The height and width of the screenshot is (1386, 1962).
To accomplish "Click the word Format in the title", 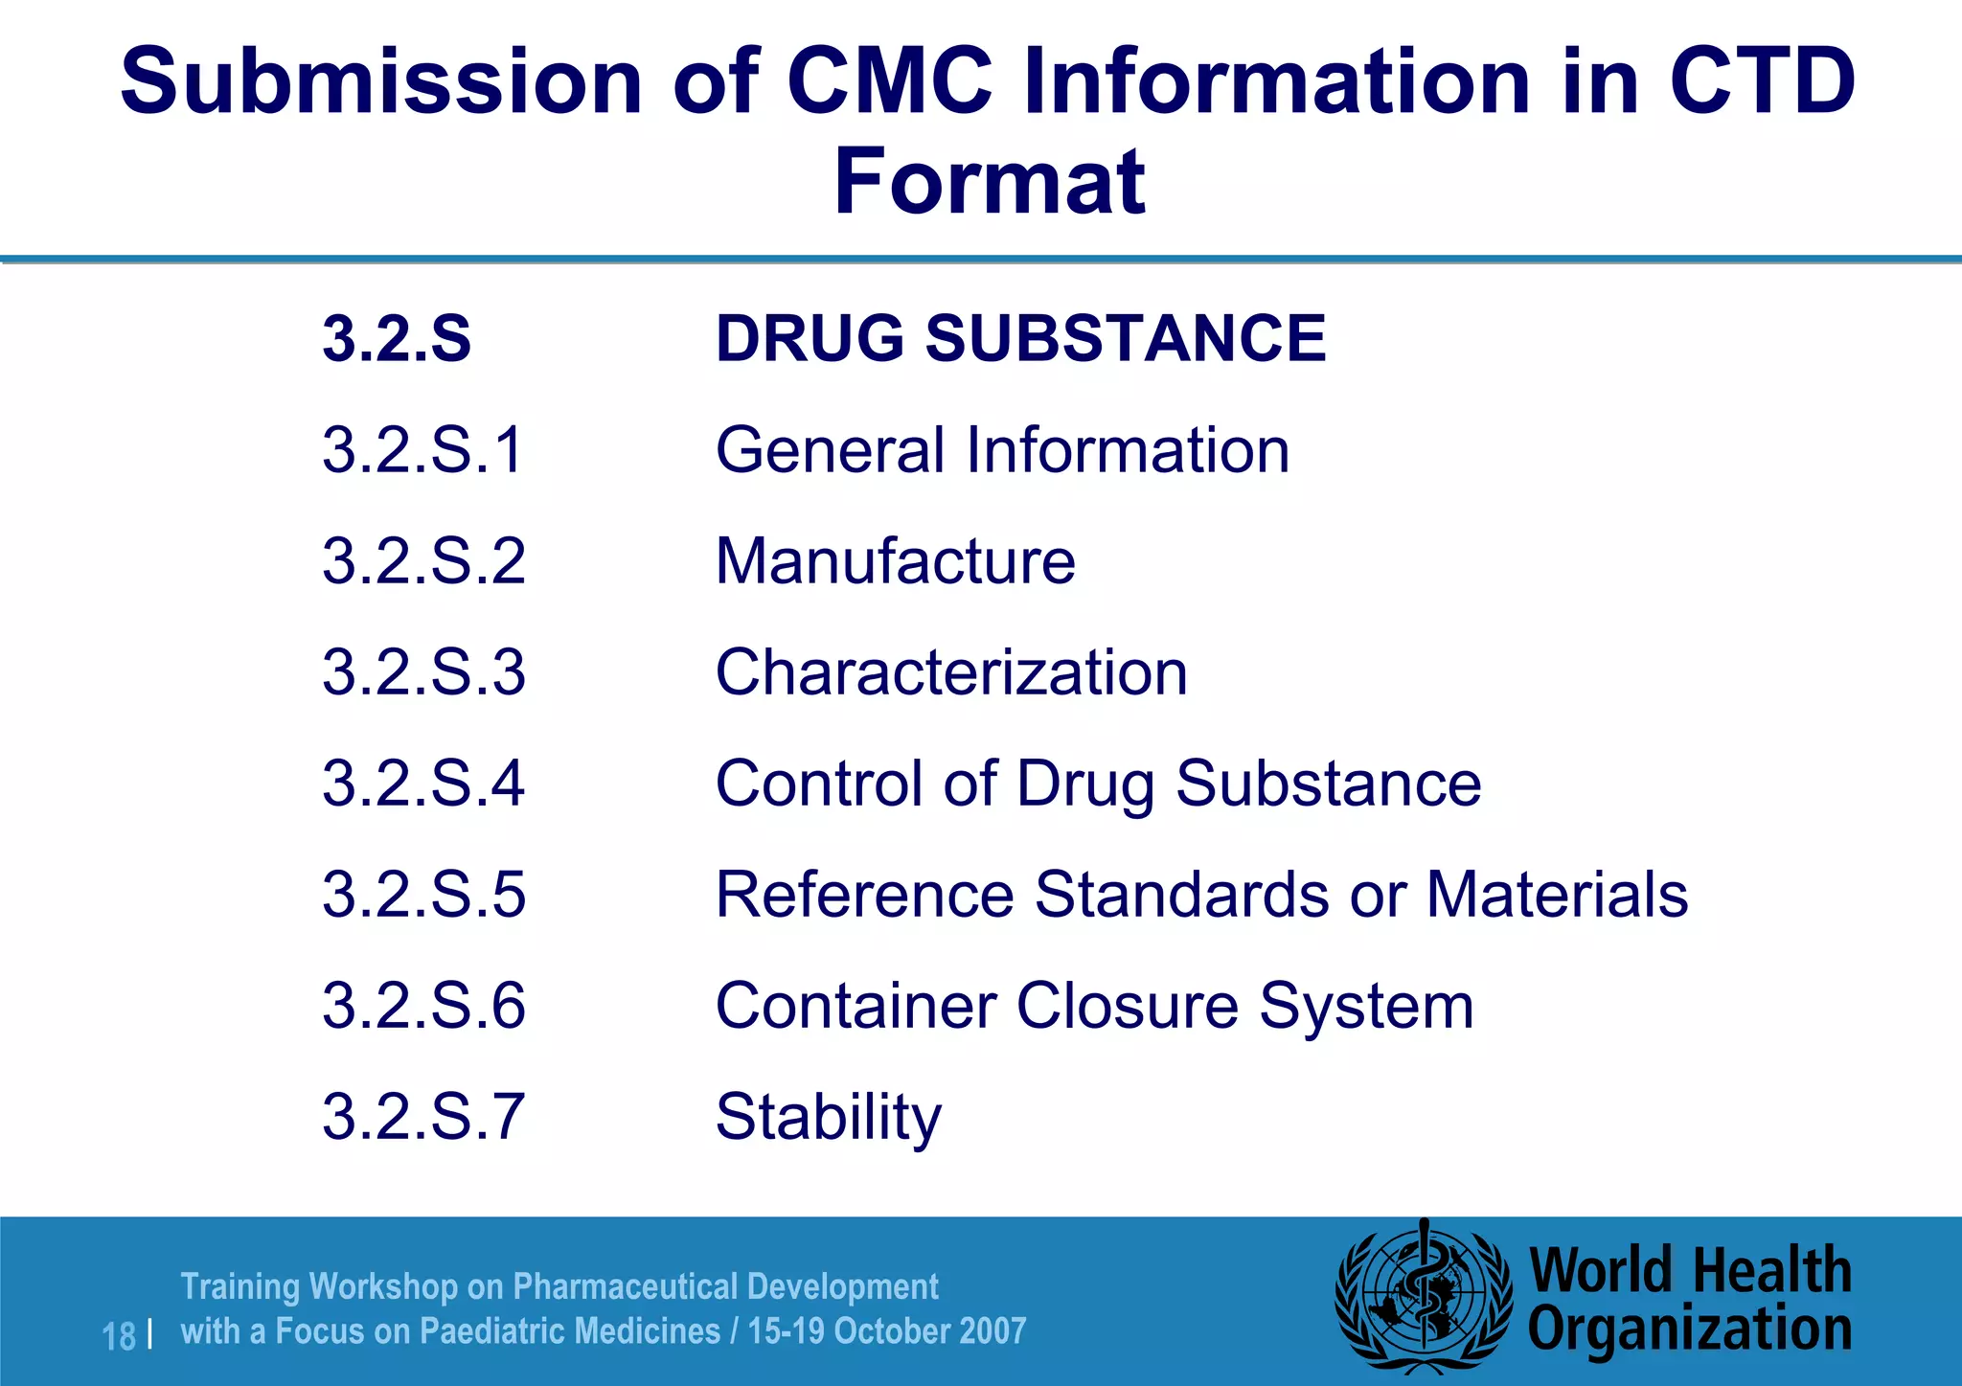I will [x=989, y=182].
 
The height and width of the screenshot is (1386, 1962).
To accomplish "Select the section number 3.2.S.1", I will [x=423, y=450].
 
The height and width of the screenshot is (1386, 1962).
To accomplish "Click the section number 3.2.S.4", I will [x=423, y=784].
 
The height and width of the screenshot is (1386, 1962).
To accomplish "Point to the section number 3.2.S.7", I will [x=423, y=1117].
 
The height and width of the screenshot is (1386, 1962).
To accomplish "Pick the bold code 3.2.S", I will [x=397, y=339].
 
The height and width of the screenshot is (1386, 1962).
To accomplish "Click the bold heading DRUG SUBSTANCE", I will [x=1020, y=339].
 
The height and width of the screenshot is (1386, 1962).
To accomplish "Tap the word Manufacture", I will [x=895, y=561].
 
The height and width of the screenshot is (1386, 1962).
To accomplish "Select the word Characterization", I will [x=951, y=672].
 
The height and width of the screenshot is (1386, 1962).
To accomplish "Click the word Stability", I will [x=829, y=1118].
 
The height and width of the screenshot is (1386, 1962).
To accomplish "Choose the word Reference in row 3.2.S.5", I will [x=864, y=895].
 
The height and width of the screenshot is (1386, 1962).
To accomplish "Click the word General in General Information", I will [x=830, y=450].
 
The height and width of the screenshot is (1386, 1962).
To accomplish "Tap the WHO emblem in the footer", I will [x=1424, y=1299].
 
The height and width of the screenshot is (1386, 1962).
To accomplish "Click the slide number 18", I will [x=119, y=1336].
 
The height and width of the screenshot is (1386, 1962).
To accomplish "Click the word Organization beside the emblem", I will [x=1689, y=1329].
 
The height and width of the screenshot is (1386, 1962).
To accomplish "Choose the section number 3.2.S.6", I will [x=423, y=1006].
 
